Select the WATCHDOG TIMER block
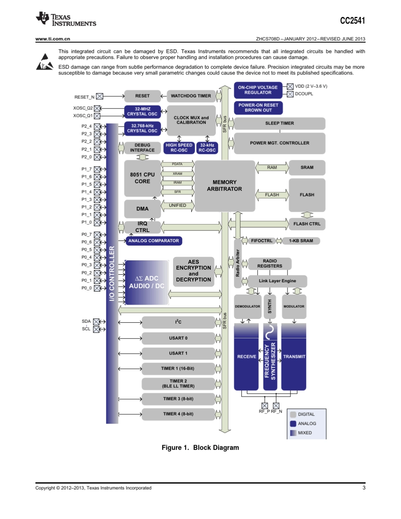coord(191,96)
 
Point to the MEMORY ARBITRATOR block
coord(224,186)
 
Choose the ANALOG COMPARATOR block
coord(154,241)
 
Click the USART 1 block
coord(178,354)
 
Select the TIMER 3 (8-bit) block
coord(178,399)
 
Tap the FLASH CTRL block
coord(307,224)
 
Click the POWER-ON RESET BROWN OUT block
coord(258,108)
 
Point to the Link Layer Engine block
coord(277,281)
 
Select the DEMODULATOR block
coord(247,306)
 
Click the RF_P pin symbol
coord(265,405)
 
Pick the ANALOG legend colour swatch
coord(293,424)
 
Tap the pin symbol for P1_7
coord(98,169)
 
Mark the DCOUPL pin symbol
coord(290,94)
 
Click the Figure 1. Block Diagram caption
coord(200,448)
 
